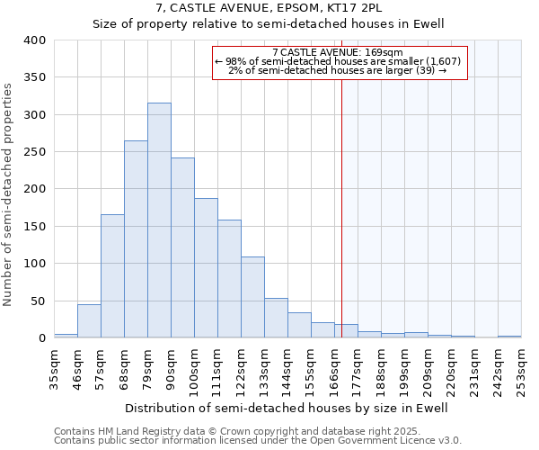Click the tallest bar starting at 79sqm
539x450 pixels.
(159, 220)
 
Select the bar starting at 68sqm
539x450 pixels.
(136, 239)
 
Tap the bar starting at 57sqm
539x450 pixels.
(112, 276)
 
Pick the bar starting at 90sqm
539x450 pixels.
(182, 248)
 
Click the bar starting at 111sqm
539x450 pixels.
(229, 279)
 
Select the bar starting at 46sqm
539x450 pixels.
(89, 321)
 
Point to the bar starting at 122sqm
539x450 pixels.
(252, 298)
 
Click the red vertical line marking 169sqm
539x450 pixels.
(342, 225)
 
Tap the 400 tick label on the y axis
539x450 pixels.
(34, 40)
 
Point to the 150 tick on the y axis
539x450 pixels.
(34, 227)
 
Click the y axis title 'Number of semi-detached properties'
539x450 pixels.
(8, 193)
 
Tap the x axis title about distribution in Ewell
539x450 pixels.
(286, 408)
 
